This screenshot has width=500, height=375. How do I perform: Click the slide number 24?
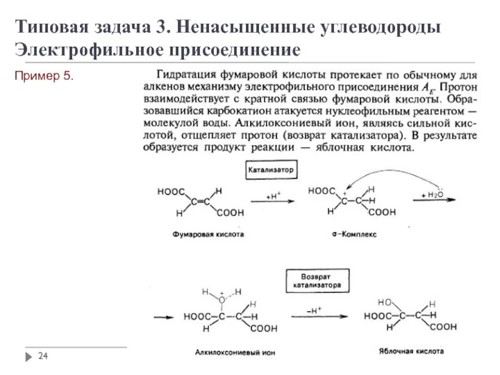[43, 356]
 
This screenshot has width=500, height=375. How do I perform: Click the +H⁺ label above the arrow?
[273, 196]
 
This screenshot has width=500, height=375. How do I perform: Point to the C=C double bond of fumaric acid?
[201, 201]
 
